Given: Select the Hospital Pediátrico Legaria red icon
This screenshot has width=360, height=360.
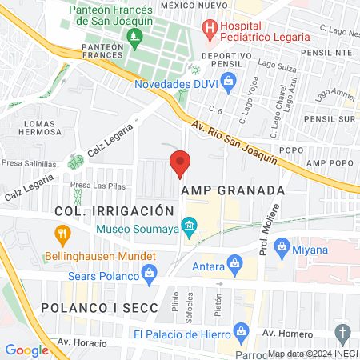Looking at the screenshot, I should [x=210, y=30].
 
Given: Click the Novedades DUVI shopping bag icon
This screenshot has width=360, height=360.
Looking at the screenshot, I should [x=228, y=81].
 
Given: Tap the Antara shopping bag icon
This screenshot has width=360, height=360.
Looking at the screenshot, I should [x=235, y=262].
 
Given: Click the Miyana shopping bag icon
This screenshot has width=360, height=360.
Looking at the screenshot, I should [x=281, y=250].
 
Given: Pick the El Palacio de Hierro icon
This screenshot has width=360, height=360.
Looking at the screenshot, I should [x=238, y=334].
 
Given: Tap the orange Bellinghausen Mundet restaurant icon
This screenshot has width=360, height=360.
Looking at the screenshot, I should [x=61, y=234].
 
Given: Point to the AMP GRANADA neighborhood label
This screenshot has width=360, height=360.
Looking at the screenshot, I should [x=233, y=190].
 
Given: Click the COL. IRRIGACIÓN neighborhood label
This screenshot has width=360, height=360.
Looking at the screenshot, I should [x=114, y=210].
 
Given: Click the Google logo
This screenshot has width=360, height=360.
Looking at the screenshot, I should [x=26, y=350].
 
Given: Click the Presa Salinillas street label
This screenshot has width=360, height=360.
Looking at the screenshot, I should [x=29, y=161].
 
